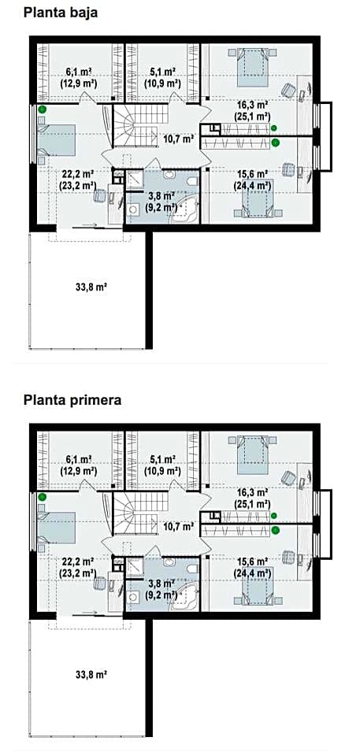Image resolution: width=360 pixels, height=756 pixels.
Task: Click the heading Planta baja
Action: click(x=61, y=13)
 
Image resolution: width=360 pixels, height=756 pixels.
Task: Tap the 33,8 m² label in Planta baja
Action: click(x=91, y=287)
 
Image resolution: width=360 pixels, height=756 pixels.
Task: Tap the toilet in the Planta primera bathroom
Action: click(x=192, y=569)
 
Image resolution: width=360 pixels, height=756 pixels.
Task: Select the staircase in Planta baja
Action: click(x=140, y=126)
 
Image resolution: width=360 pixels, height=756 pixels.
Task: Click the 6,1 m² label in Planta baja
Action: click(x=79, y=72)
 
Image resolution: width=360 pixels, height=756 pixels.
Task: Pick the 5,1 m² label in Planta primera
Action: click(x=162, y=458)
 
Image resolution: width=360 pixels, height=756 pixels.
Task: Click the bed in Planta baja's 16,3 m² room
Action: click(x=253, y=66)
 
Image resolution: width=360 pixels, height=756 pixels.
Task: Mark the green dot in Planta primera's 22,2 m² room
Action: click(x=43, y=497)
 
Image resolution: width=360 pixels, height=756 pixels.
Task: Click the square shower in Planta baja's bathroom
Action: click(x=135, y=180)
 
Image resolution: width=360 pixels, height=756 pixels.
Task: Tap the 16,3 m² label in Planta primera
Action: click(x=253, y=493)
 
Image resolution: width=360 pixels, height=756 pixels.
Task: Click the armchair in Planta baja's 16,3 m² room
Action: click(x=288, y=90)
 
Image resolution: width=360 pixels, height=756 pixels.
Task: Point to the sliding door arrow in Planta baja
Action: click(x=89, y=225)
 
